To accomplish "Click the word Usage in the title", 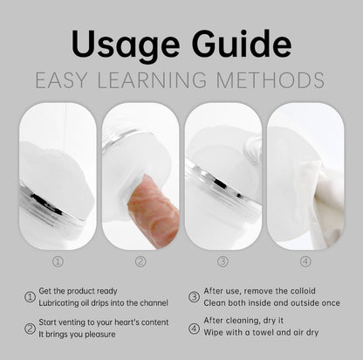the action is [x=125, y=45].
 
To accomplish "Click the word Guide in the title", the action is [x=242, y=44].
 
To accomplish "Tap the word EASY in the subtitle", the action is [x=61, y=80].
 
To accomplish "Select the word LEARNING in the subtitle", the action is [x=152, y=80].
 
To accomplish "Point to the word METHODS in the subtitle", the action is [x=271, y=80].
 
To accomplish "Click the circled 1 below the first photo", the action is [x=58, y=261].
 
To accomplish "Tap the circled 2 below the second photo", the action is [x=140, y=261].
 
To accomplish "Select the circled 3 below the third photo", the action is [x=223, y=261].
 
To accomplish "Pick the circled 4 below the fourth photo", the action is [x=305, y=261].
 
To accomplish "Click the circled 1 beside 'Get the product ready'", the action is [x=30, y=297].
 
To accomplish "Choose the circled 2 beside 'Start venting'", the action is [x=30, y=329].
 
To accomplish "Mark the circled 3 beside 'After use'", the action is [x=194, y=297].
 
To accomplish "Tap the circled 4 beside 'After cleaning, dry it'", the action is [x=194, y=329].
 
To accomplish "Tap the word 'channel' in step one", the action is [x=154, y=303].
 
